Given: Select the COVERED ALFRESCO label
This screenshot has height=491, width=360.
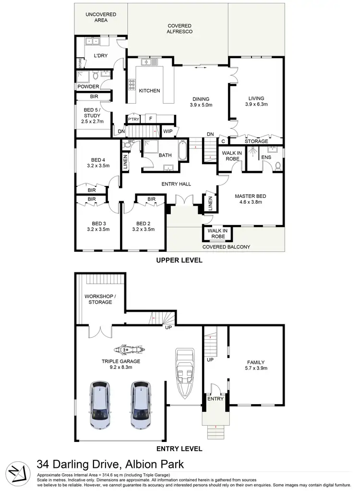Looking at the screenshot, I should tap(180, 28).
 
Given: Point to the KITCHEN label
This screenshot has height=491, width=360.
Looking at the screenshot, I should tap(149, 90).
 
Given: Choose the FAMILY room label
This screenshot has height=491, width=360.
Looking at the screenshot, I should tap(255, 362).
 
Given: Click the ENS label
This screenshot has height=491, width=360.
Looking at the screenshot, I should tap(265, 157).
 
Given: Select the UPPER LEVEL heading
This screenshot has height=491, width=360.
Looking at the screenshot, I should tap(180, 260).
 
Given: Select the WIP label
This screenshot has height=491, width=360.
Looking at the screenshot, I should tap(168, 131).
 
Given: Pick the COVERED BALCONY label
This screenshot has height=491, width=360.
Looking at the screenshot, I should tap(226, 247).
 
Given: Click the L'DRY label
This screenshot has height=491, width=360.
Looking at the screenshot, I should tap(100, 56).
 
